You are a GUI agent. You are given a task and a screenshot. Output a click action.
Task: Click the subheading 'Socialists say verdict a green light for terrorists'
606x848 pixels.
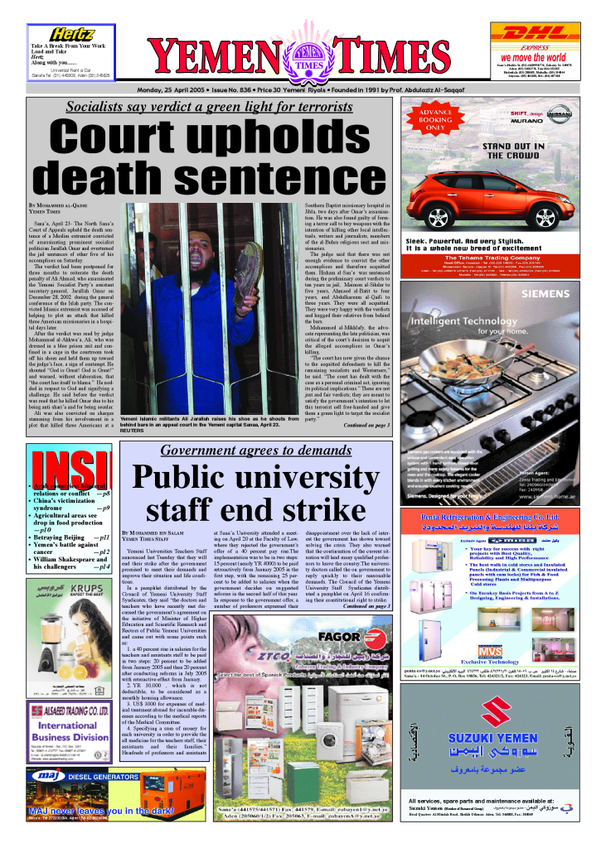tap(210, 106)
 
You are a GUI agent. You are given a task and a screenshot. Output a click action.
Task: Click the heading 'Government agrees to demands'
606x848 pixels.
tap(255, 450)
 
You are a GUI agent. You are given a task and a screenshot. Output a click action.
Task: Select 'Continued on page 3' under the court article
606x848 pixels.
tap(361, 426)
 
